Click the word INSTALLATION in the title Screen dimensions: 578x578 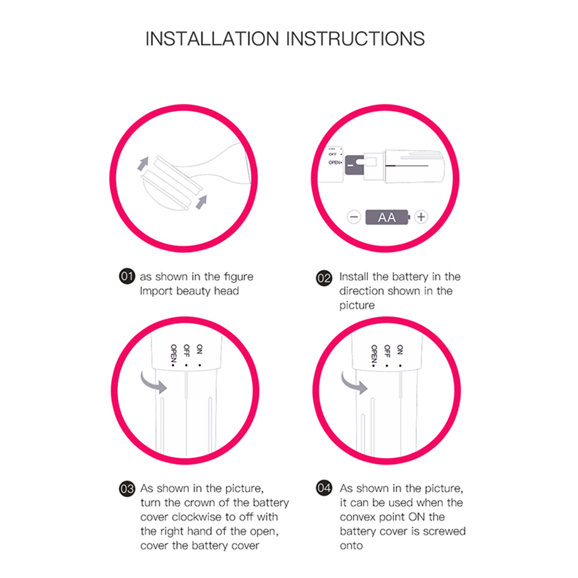pos(212,39)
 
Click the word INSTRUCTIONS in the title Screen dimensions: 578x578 pos(355,39)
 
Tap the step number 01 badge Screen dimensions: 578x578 pos(127,276)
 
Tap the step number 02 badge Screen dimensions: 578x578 pos(324,278)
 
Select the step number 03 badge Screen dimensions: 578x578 pos(127,489)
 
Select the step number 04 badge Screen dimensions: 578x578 pos(324,488)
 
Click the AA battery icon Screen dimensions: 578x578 pos(388,217)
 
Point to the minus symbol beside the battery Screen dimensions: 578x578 pos(354,217)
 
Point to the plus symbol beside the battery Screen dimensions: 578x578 pos(421,217)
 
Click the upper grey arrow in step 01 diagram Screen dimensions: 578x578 pos(143,163)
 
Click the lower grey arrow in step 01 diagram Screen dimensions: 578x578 pos(201,202)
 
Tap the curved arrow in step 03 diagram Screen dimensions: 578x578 pos(153,382)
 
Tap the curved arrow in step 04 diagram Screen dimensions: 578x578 pos(354,382)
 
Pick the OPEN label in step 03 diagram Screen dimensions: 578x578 pos(174,355)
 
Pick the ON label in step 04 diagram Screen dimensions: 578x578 pos(400,350)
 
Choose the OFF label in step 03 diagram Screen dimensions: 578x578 pos(186,351)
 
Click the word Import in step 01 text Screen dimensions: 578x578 pos(156,291)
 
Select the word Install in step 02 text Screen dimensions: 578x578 pos(354,276)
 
